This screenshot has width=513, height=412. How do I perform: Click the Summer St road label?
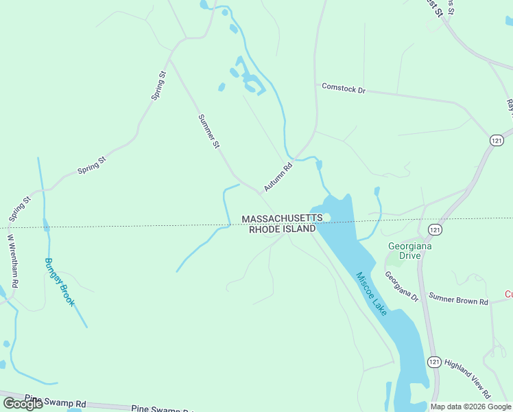208,132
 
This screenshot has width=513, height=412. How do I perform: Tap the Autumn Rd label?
278,177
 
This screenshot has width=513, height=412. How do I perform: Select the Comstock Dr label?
344,89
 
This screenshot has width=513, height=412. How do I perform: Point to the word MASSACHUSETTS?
281,218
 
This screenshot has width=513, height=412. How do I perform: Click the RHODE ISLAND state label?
281,229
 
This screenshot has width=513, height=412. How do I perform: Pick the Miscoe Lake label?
371,293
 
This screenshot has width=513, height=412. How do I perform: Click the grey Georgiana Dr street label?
401,286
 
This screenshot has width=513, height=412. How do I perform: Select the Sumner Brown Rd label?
458,299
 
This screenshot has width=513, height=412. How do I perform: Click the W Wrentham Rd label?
13,262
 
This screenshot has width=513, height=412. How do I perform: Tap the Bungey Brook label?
59,282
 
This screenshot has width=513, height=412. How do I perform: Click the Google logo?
23,404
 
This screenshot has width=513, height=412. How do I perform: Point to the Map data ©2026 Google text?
470,407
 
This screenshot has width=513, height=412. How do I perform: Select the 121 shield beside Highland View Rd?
433,362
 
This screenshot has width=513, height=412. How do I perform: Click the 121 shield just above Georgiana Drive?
434,229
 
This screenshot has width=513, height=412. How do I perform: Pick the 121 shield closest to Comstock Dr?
497,139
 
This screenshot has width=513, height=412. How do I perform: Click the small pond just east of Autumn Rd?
319,165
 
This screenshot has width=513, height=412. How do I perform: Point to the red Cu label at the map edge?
508,294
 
